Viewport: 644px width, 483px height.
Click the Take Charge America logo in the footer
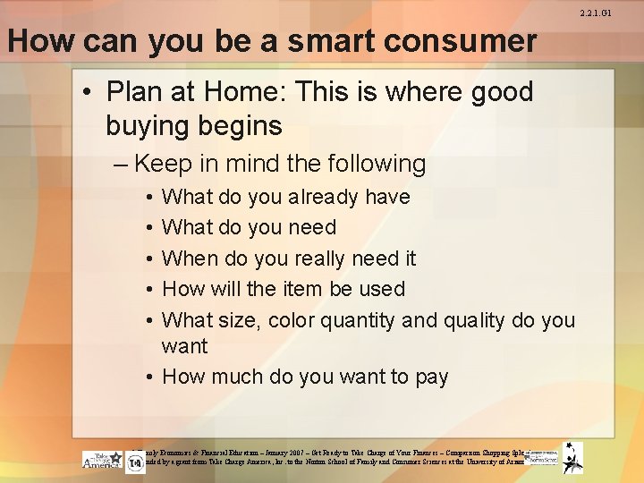point(102,461)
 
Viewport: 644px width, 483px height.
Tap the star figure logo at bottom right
point(572,457)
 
